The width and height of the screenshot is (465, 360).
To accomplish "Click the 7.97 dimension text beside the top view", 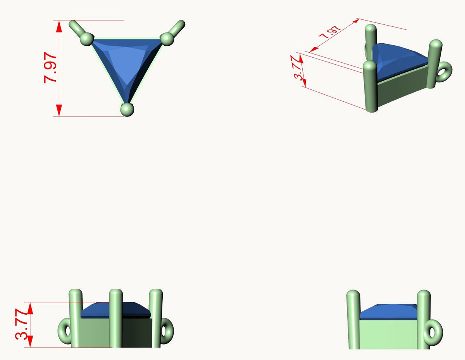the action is tap(50, 68).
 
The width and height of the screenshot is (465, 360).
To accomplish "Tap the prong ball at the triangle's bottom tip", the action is tap(127, 110).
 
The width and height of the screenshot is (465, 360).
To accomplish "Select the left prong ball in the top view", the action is tap(87, 39).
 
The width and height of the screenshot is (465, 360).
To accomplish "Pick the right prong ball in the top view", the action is tap(167, 39).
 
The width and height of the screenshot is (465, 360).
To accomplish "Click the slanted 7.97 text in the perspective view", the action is tap(329, 32).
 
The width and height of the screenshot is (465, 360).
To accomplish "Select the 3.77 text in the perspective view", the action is tap(298, 68).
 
